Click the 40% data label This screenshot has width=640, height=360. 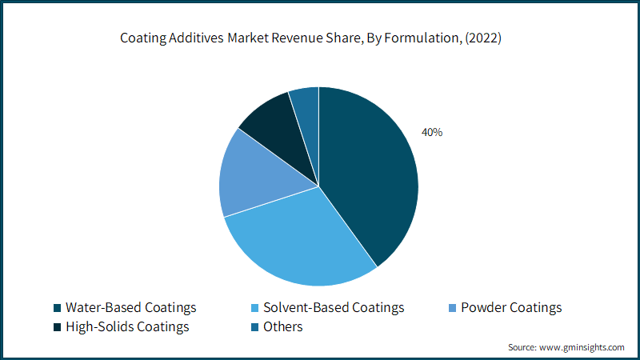432,132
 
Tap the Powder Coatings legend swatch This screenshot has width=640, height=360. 453,308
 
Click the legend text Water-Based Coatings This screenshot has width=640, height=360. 130,308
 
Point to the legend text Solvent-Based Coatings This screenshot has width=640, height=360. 334,308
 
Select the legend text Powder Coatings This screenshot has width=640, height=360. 512,308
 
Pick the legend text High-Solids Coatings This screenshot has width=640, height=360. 127,327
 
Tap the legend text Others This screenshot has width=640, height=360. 283,327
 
